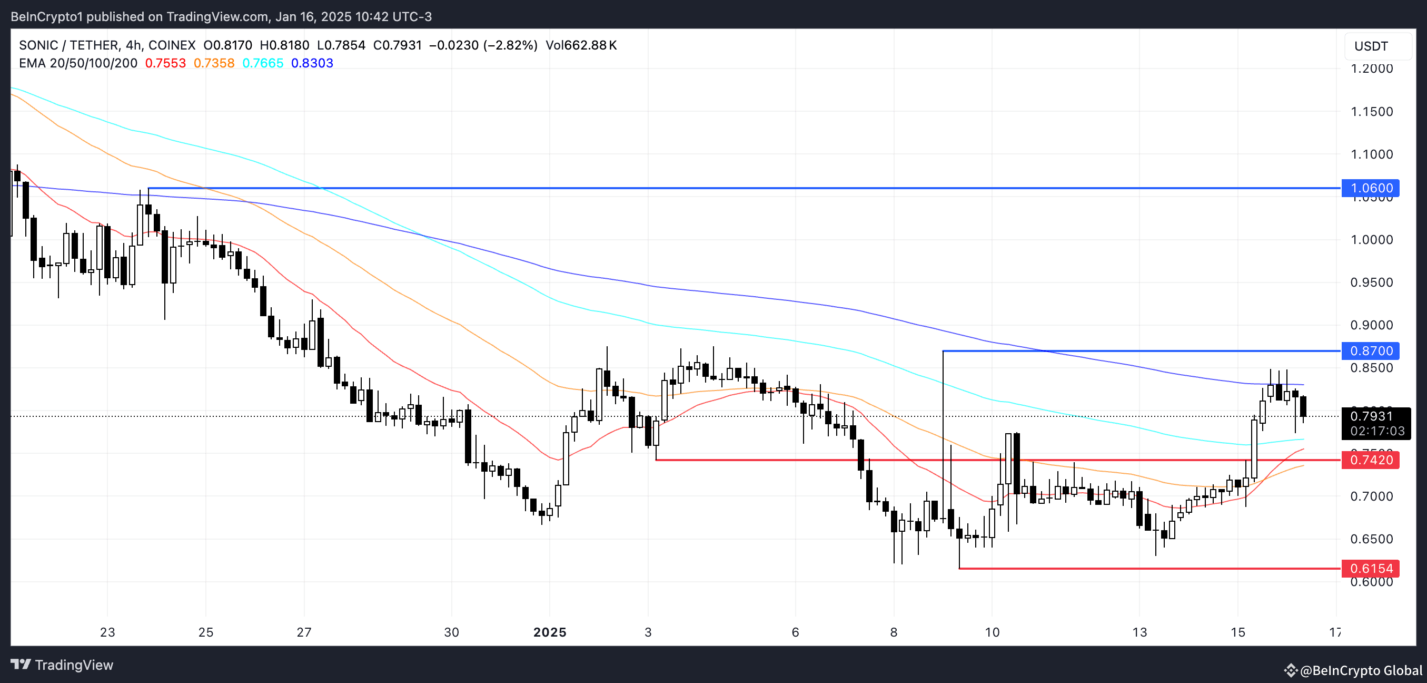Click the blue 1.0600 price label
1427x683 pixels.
click(1371, 188)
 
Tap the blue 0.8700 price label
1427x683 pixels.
click(1371, 351)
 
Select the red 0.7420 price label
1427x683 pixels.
click(1371, 460)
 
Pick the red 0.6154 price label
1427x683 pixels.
click(1371, 568)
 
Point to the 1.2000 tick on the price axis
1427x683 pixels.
click(1372, 69)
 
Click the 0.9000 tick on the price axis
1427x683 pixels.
click(1372, 325)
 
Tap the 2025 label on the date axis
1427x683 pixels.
click(550, 632)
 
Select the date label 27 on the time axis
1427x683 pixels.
click(304, 632)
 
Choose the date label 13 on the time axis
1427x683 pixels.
click(1139, 632)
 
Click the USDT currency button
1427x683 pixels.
click(1371, 46)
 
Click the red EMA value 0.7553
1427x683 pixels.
click(165, 63)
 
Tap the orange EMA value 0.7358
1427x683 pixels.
click(214, 63)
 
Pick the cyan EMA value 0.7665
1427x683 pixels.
click(263, 63)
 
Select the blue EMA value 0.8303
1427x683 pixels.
click(312, 63)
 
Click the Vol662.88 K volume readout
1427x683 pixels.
click(581, 45)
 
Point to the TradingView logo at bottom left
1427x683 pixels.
click(62, 665)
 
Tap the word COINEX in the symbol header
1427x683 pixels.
click(172, 45)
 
